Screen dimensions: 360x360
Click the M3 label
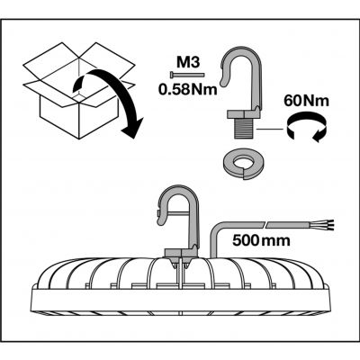coord(188,63)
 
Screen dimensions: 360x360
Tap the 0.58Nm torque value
coord(188,89)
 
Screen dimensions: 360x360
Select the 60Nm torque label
coord(306,101)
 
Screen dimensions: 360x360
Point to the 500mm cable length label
coord(261,240)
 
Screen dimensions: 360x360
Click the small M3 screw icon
coord(187,74)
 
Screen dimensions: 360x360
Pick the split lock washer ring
coord(244,165)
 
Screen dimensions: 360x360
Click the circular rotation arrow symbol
coord(307,128)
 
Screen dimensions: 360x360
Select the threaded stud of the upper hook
coord(245,128)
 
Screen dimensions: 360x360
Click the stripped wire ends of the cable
coord(328,224)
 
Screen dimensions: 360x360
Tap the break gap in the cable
coord(265,224)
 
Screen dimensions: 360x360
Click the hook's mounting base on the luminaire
coord(181,253)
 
